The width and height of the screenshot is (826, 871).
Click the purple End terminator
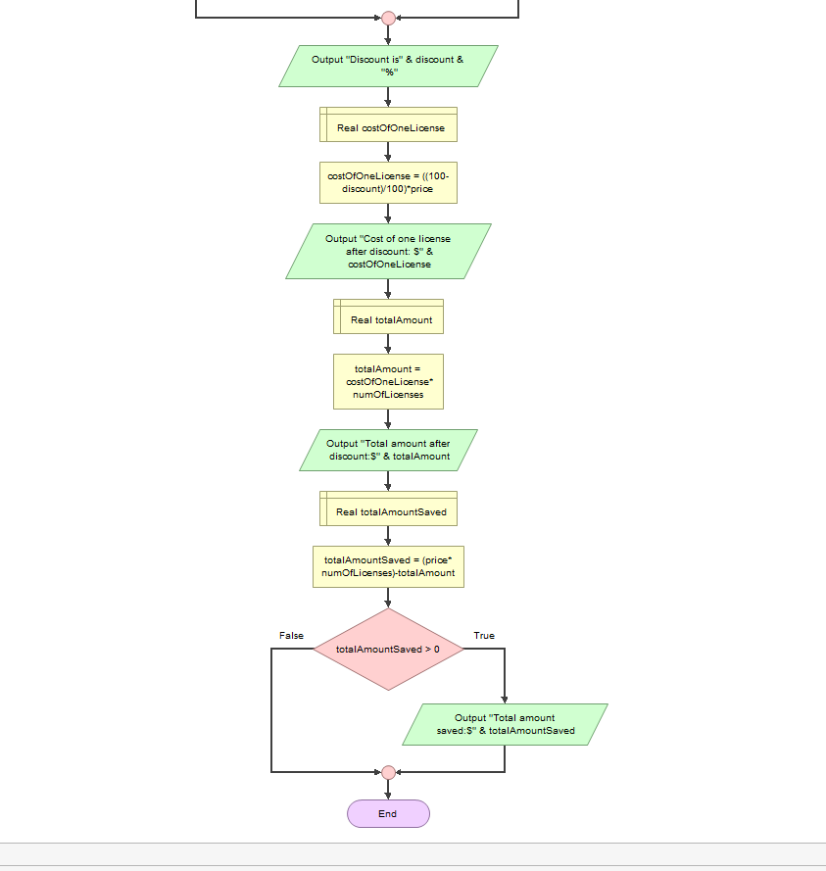click(388, 813)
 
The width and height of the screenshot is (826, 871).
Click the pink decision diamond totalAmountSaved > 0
click(388, 649)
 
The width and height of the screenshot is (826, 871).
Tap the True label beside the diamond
click(484, 636)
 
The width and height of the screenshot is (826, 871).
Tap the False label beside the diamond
click(291, 636)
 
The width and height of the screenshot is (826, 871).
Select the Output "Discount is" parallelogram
click(388, 66)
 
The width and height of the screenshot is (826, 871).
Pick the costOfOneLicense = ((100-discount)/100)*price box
click(388, 182)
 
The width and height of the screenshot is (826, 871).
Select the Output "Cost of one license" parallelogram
click(388, 252)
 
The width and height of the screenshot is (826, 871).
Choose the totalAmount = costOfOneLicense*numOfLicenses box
click(388, 381)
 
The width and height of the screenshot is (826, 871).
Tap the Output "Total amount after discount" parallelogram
click(388, 450)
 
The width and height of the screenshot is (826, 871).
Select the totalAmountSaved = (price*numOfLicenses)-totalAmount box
click(388, 566)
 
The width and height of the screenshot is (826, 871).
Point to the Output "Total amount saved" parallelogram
click(505, 724)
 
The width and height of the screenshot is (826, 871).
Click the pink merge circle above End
click(388, 772)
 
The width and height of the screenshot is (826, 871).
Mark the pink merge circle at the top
click(388, 18)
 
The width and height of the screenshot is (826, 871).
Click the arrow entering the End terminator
click(388, 790)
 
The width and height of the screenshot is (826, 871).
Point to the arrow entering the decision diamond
click(388, 598)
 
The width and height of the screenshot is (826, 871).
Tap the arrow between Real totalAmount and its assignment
click(388, 344)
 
